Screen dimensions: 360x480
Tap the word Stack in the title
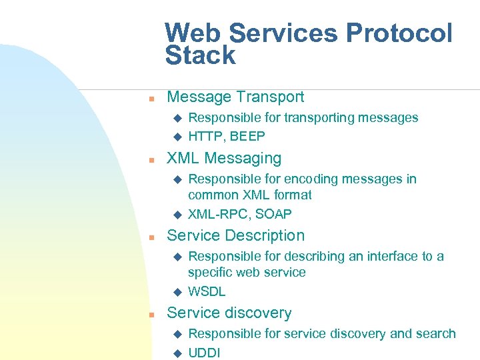click(200, 56)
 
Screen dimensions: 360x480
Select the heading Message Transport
click(235, 97)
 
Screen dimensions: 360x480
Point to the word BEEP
click(247, 137)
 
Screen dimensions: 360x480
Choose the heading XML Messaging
click(224, 158)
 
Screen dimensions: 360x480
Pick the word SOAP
click(273, 214)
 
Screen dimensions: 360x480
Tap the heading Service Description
click(235, 235)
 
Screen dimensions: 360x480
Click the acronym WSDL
click(207, 291)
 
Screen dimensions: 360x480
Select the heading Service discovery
click(229, 313)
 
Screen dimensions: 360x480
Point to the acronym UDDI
click(204, 353)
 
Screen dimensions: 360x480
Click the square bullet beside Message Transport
click(151, 99)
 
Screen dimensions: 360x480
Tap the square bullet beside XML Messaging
click(151, 160)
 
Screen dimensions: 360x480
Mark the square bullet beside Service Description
click(151, 237)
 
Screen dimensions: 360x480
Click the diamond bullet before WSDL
click(177, 292)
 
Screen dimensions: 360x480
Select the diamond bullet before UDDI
click(177, 353)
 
